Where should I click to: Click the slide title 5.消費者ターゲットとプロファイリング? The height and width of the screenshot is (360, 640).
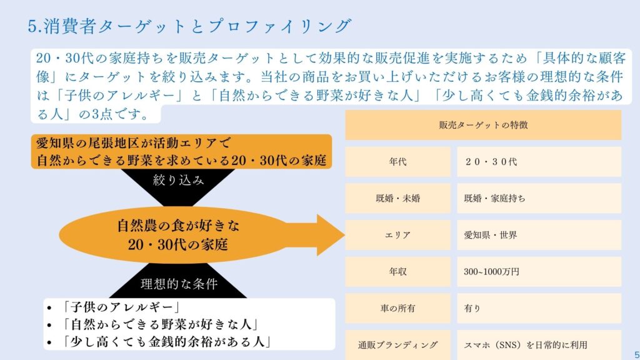coord(189,26)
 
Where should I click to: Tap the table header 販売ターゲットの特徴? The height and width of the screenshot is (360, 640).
coord(483,125)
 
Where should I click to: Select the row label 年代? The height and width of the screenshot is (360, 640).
coord(397,162)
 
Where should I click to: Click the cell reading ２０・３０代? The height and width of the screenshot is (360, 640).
coord(491,162)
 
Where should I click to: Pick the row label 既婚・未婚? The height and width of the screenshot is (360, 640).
coord(397,198)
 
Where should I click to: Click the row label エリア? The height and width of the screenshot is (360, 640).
coord(397,235)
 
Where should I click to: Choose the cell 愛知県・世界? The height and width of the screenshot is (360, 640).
coord(491,235)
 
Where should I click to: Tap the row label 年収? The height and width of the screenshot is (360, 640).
coord(397,272)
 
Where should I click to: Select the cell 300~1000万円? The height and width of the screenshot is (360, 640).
coord(491,272)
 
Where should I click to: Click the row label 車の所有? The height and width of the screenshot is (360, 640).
coord(397,309)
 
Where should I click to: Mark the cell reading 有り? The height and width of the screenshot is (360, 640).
coord(472,309)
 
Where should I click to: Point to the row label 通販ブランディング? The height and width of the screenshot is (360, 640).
coord(397,345)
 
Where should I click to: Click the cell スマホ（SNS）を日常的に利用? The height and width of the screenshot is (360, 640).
coord(526,345)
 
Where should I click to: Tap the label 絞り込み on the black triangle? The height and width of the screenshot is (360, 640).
coord(178,180)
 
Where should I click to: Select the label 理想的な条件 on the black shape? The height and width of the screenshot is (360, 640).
coord(179,284)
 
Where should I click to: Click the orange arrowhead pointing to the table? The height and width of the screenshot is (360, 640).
coord(331,235)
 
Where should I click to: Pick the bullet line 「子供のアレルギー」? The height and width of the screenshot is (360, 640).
coord(121,307)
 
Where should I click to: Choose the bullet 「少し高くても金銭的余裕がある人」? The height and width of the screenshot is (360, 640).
coord(167,342)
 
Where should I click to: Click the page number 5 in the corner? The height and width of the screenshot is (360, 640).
coord(636,355)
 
